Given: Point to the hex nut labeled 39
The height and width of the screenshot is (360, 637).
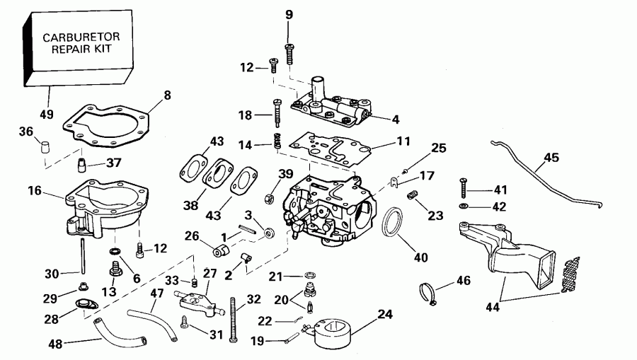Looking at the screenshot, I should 269,194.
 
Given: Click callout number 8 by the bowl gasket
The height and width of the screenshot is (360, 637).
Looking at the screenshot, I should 168,94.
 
